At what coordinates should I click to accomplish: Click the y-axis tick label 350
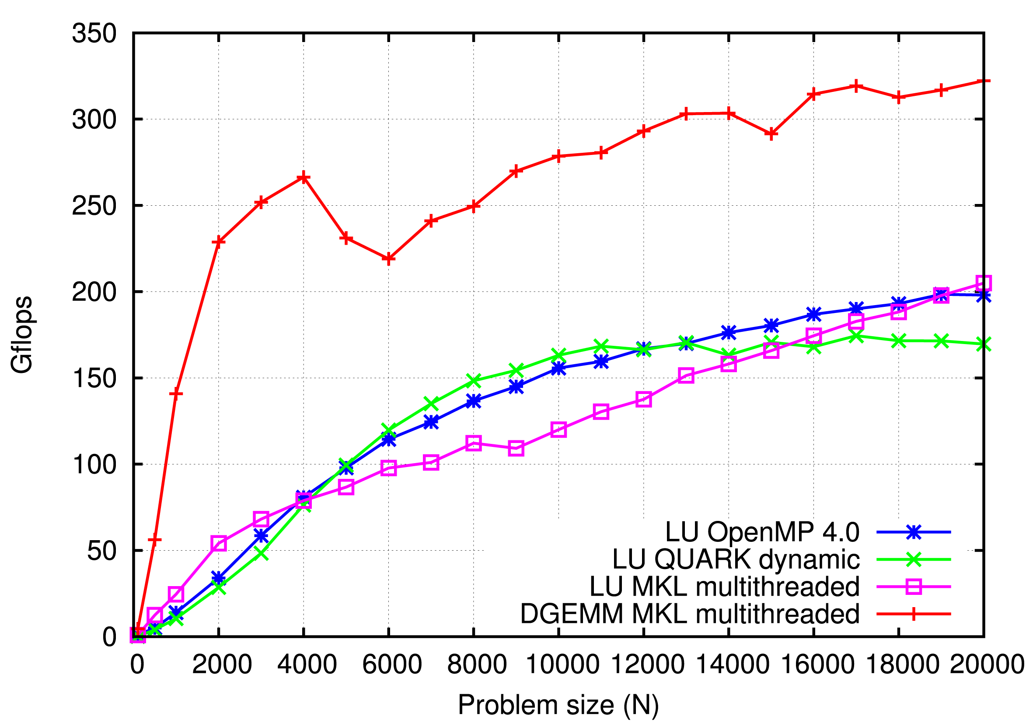pyautogui.click(x=94, y=34)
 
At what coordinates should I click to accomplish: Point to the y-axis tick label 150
pyautogui.click(x=94, y=378)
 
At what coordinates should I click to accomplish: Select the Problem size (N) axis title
pyautogui.click(x=558, y=705)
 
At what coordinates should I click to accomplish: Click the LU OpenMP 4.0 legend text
pyautogui.click(x=762, y=532)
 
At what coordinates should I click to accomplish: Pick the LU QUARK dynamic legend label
pyautogui.click(x=736, y=559)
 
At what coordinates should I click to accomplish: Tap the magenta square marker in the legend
pyautogui.click(x=913, y=587)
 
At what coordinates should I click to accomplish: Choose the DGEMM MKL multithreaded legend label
pyautogui.click(x=689, y=614)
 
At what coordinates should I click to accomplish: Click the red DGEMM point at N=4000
pyautogui.click(x=304, y=177)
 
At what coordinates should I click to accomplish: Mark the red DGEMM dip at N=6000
pyautogui.click(x=388, y=259)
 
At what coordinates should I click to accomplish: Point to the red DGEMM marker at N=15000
pyautogui.click(x=771, y=134)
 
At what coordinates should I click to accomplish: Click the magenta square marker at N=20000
pyautogui.click(x=984, y=283)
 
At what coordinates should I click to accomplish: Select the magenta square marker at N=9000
pyautogui.click(x=516, y=448)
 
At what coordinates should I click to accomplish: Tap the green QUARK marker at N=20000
pyautogui.click(x=984, y=344)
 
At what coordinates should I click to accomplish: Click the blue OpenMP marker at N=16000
pyautogui.click(x=813, y=314)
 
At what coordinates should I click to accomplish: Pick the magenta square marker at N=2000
pyautogui.click(x=219, y=544)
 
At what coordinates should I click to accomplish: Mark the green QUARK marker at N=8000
pyautogui.click(x=473, y=380)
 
